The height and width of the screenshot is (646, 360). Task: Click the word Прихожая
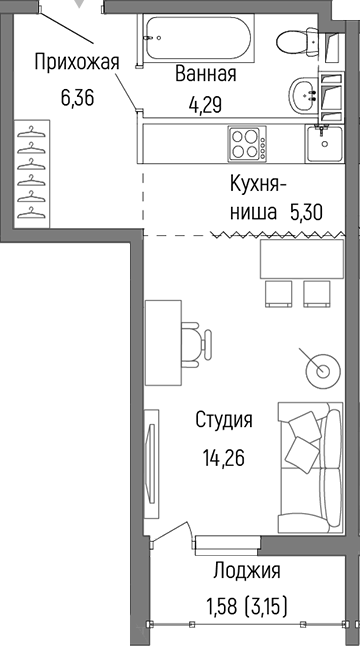point(77,62)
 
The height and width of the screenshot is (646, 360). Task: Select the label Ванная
point(205,74)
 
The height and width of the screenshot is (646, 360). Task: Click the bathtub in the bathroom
point(200,40)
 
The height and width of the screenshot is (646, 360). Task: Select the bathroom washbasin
point(304,96)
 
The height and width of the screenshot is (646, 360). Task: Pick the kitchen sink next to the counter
point(325,145)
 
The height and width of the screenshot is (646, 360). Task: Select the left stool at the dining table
point(276,291)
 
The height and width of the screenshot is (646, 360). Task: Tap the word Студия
point(223,420)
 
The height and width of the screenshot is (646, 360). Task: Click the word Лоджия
point(246,571)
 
